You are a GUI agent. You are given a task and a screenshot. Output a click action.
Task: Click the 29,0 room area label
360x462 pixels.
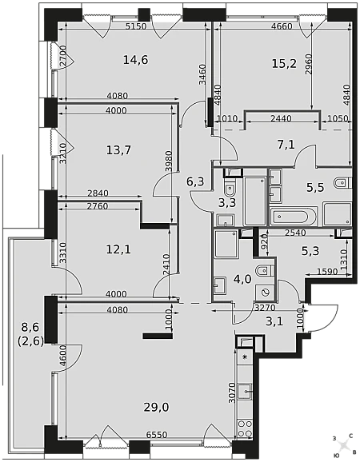pos(156,408)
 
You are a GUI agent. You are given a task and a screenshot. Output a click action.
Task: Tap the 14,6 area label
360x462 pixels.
pos(136,60)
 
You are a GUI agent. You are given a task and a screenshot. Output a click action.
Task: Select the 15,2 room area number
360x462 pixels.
pos(284,63)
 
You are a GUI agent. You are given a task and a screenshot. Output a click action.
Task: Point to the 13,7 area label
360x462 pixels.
pos(118,150)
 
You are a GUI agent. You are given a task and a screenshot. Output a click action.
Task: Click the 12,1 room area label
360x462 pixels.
pos(118,250)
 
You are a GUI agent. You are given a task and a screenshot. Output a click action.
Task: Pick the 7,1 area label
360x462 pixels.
pos(286,145)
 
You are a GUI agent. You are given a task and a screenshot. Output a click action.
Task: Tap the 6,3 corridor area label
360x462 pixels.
pos(195,181)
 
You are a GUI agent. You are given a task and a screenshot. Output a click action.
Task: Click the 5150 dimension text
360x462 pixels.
pos(136,26)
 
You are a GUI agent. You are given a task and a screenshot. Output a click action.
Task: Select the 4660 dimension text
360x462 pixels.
pos(282,26)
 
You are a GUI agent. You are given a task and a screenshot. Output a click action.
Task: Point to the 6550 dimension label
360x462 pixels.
pos(157,435)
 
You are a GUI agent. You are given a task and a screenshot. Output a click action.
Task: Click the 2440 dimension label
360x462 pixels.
pos(281,118)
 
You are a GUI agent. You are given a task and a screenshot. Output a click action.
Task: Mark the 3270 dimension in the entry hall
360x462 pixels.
pos(265,308)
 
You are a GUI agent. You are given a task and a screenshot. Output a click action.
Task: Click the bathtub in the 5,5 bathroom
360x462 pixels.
pos(294,217)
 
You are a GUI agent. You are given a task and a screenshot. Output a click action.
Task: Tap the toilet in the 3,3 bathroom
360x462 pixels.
pos(230,188)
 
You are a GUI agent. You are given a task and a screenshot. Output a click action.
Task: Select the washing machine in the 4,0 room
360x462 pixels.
pos(265,293)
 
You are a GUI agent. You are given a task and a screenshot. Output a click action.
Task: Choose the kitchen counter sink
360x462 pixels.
pos(245,392)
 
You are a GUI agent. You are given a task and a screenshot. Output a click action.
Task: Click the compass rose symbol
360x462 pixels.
pos(343,444)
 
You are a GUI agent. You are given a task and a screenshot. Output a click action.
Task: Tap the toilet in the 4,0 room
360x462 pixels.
pos(266,270)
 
